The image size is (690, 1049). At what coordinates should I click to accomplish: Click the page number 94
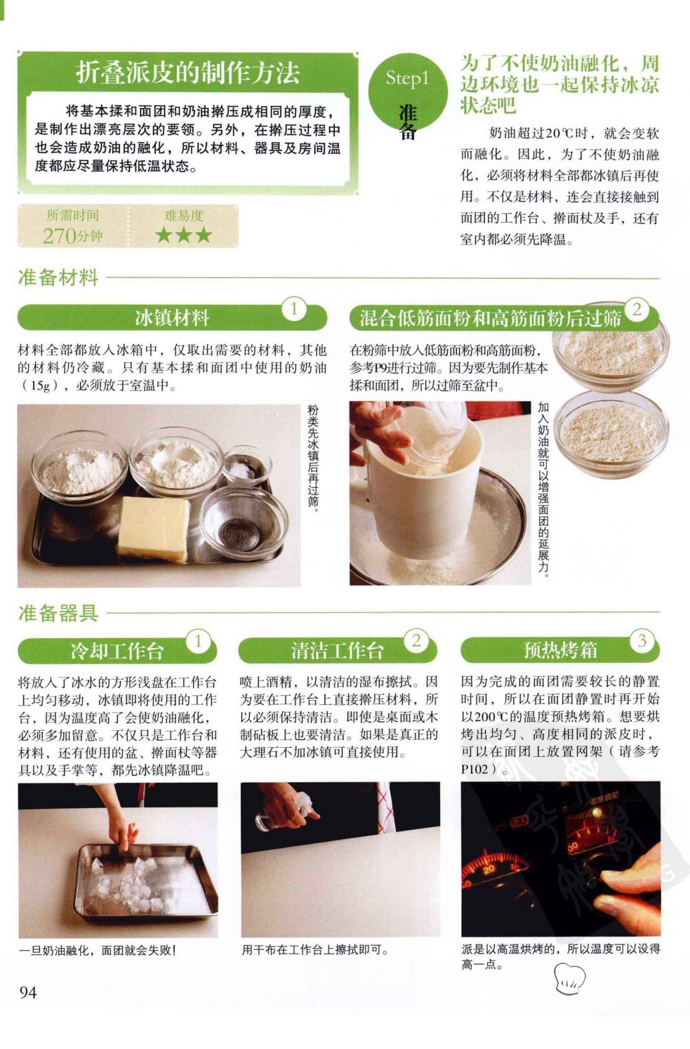click(27, 992)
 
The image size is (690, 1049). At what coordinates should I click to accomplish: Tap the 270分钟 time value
click(72, 236)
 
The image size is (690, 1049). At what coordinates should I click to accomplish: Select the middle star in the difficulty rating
click(183, 235)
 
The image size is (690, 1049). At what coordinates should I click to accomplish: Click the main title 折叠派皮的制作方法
click(187, 74)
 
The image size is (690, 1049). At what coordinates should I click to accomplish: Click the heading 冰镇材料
click(172, 318)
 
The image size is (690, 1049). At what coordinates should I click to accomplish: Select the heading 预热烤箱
click(560, 650)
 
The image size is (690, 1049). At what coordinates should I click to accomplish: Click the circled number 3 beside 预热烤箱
click(642, 640)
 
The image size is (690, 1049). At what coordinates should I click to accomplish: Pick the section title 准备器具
click(58, 613)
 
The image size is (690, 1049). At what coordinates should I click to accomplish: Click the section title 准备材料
click(58, 278)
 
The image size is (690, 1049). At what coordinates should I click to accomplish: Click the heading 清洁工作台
click(337, 650)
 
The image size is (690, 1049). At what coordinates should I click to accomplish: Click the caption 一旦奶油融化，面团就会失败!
click(98, 950)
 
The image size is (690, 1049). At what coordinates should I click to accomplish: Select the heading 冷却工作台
click(117, 650)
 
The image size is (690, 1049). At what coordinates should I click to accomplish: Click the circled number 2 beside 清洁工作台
click(416, 640)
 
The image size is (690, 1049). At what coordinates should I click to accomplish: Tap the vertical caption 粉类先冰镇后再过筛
click(312, 458)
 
